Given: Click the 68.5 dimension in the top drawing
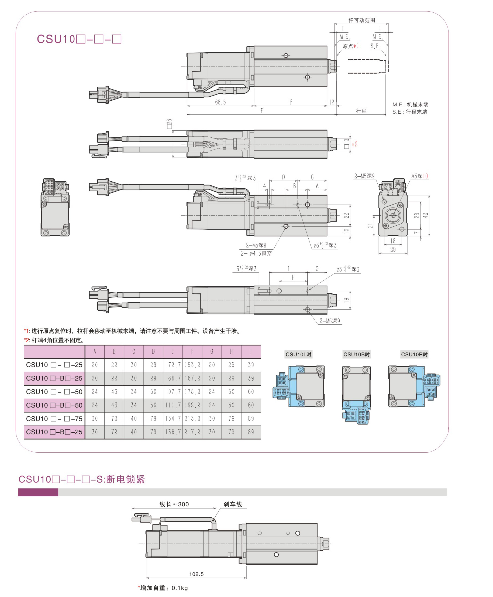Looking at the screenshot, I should [x=220, y=102].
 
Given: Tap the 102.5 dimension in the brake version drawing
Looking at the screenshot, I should [x=196, y=574].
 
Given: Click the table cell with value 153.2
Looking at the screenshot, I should [x=192, y=365].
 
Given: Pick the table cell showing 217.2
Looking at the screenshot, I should [x=192, y=432].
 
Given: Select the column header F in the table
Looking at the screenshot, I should [x=192, y=352].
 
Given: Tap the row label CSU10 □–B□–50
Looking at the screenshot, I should [x=54, y=405].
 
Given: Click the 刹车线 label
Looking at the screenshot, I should [x=233, y=504].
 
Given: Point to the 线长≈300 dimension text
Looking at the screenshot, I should [x=174, y=504].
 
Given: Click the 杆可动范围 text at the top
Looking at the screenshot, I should [x=361, y=21].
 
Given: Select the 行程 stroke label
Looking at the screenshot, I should [x=361, y=111].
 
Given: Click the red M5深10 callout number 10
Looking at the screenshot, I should [x=425, y=176].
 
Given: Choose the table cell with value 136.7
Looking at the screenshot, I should [x=173, y=432].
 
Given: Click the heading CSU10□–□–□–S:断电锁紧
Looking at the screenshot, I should [x=82, y=479].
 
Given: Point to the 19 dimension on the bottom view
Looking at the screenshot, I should [x=346, y=300].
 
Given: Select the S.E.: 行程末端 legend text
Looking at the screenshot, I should [x=410, y=112].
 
